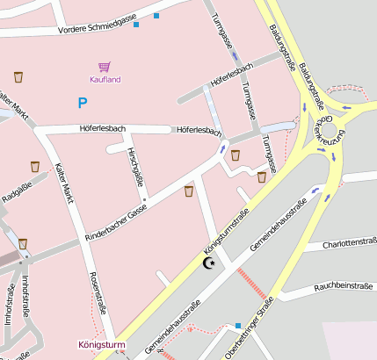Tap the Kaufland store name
105,80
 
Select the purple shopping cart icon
105,67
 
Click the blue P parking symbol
83,104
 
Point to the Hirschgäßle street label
135,167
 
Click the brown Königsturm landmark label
102,345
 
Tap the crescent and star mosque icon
209,263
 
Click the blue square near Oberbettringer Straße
237,326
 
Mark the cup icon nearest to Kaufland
18,76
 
